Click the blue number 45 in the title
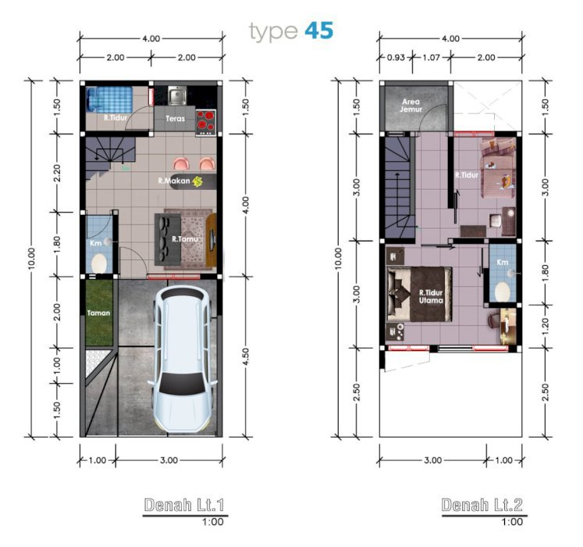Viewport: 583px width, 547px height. [x=318, y=30]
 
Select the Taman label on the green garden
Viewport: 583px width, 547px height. [x=98, y=313]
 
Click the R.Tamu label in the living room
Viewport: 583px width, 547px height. [x=185, y=238]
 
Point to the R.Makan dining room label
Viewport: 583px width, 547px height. [x=174, y=181]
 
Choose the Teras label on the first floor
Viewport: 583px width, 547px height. [x=175, y=119]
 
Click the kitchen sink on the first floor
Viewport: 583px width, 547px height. [x=177, y=95]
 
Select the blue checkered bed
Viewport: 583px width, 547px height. [x=109, y=99]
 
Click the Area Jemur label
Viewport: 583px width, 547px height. [x=411, y=105]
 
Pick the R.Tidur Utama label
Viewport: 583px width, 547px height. [x=432, y=296]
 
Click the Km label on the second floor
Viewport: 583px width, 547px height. [x=503, y=262]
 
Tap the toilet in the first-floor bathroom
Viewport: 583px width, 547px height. [x=99, y=263]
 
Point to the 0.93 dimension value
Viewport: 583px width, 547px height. [x=396, y=58]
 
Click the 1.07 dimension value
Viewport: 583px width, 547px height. [x=432, y=58]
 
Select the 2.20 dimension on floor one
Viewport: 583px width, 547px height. [x=57, y=173]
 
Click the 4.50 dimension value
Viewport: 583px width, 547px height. [x=245, y=357]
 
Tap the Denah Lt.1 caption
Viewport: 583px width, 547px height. [x=184, y=505]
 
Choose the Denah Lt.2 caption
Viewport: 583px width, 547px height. [x=482, y=505]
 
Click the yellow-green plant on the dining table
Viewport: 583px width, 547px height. [x=197, y=181]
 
